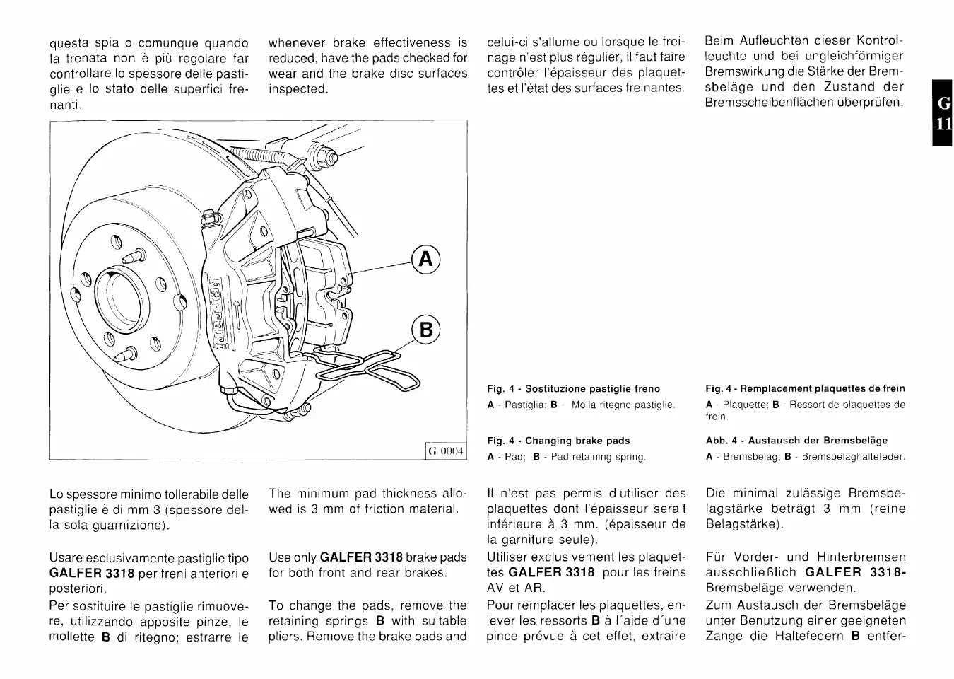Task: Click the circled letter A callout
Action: [425, 260]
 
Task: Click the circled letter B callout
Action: [425, 331]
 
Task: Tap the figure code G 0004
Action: [446, 451]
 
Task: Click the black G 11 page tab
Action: [943, 113]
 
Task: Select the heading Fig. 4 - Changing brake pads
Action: [558, 441]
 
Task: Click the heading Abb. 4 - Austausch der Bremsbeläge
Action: [796, 441]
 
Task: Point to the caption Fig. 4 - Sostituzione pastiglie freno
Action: [573, 389]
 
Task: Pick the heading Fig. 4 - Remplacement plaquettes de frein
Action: [805, 389]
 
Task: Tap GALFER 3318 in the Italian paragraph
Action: [93, 573]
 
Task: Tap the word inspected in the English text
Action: [298, 89]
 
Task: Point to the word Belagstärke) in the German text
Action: [744, 524]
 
